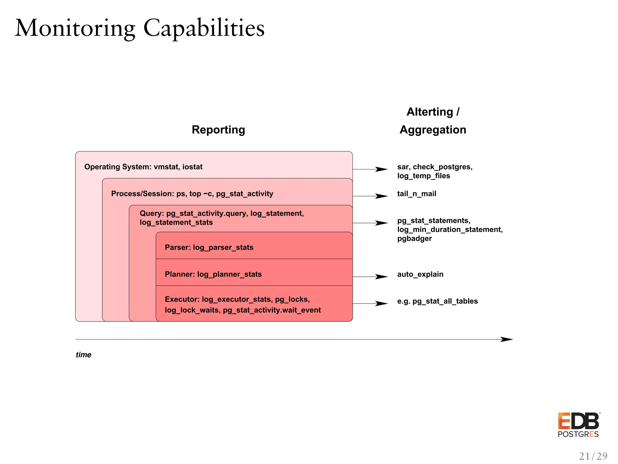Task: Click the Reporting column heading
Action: (218, 130)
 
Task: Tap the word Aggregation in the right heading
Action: (433, 130)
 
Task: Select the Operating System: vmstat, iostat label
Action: (143, 167)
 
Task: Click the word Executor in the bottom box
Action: (182, 299)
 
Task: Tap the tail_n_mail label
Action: (416, 194)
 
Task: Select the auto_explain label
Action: (420, 274)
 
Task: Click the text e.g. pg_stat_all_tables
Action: (437, 301)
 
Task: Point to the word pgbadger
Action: (414, 238)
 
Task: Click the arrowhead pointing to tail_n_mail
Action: (382, 196)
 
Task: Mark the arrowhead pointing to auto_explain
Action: (382, 277)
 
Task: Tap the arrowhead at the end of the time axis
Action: (507, 339)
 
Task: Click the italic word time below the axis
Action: (83, 355)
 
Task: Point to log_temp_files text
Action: (423, 176)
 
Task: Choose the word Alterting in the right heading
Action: (430, 112)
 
